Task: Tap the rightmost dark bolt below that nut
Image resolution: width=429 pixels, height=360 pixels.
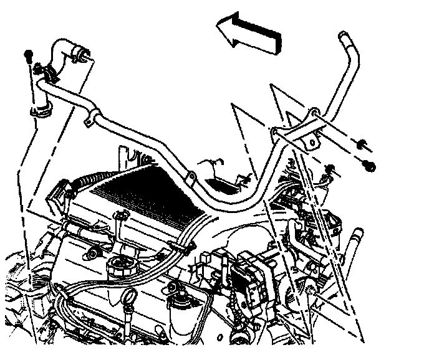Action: pos(369,165)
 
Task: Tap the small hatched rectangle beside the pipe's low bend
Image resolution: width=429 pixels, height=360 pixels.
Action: pos(223,182)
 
